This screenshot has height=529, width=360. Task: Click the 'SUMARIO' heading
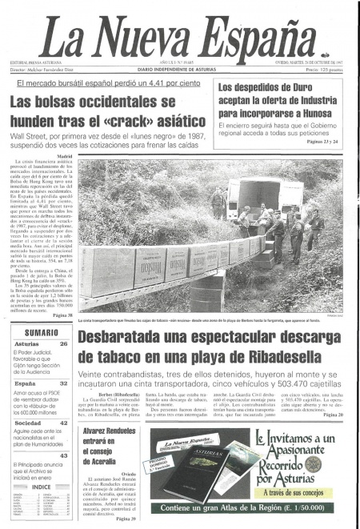point(38,331)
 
